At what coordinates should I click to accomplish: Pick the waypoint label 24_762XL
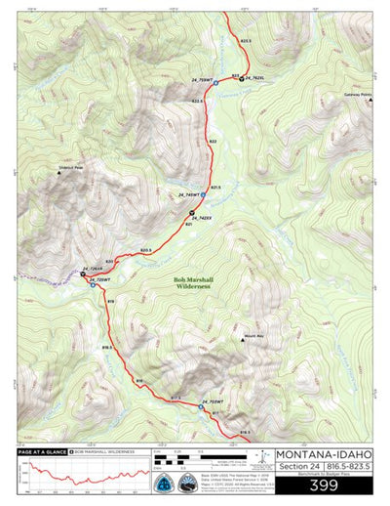[256, 77]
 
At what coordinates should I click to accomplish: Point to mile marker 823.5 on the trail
[245, 41]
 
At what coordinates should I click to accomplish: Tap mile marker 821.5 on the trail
[215, 187]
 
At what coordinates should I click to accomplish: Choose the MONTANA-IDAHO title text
[324, 454]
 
